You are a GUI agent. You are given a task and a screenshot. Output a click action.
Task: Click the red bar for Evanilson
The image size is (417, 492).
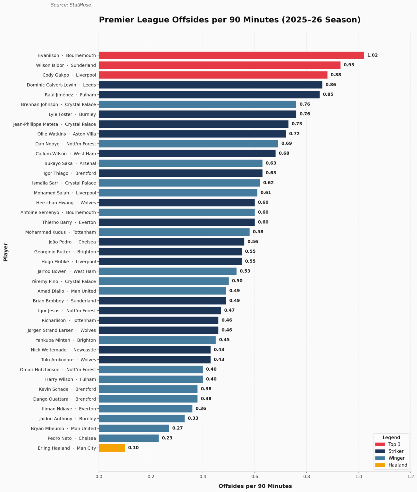coord(231,55)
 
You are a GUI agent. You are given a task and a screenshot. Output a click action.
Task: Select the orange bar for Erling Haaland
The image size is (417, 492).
coord(112,448)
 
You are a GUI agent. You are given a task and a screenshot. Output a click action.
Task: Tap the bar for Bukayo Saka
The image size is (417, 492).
coord(180,163)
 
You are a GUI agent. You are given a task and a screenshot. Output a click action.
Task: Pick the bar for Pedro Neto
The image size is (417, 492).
coord(129,438)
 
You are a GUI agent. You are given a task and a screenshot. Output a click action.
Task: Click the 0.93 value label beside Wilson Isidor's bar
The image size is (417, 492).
coord(349,65)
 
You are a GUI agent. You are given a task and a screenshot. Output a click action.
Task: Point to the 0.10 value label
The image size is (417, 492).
coord(133,448)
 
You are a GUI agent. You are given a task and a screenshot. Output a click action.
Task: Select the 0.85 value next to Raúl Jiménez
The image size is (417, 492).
coord(328,94)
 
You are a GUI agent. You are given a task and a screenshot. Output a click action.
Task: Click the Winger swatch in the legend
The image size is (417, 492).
coord(380,458)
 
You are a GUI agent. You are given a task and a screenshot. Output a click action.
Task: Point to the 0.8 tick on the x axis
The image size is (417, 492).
coord(307,477)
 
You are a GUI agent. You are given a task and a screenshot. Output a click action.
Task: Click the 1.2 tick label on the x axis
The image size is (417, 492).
coord(411,477)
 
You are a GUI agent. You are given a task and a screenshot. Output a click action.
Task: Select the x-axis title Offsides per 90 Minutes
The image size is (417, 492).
coord(255,486)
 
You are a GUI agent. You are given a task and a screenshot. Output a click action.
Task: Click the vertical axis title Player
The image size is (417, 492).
coord(6,252)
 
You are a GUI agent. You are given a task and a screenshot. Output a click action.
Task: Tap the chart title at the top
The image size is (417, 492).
coord(229,20)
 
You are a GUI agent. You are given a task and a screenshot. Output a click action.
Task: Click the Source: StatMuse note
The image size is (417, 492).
coord(71,5)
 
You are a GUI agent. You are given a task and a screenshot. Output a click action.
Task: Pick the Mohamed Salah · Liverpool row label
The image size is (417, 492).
coord(65,193)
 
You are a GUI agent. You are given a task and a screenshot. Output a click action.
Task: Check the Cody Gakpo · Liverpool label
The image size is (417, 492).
coord(69,75)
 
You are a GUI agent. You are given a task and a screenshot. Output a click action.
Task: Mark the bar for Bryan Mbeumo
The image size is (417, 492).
coord(134,428)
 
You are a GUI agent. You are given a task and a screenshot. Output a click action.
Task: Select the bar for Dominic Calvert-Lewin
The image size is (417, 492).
coord(211,85)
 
